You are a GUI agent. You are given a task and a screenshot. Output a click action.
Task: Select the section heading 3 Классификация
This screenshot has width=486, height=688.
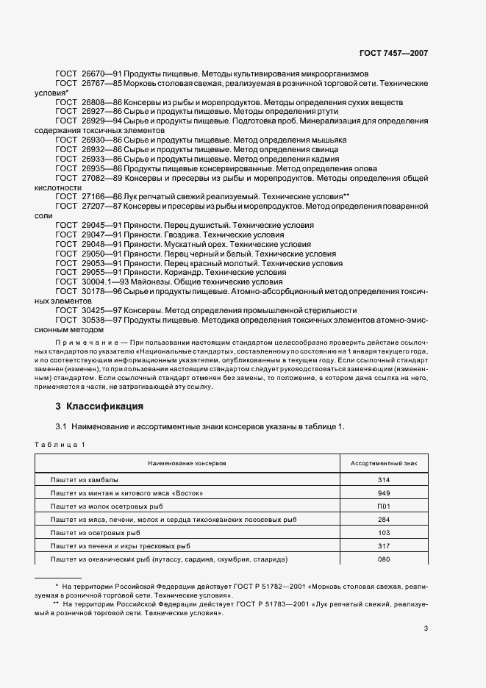99,406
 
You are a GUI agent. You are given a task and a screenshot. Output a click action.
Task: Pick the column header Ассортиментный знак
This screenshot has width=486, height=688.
384,464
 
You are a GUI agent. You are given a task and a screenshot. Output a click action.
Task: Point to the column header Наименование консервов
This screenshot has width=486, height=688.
187,464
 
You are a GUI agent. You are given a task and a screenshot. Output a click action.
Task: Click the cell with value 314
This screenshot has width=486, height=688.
384,479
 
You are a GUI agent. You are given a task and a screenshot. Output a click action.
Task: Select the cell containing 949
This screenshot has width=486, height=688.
384,492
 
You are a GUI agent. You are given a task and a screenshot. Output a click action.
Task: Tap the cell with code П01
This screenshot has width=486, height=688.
384,506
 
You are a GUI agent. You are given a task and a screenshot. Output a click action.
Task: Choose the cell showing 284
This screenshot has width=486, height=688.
384,519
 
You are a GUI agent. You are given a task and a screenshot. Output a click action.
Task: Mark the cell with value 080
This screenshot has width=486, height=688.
384,559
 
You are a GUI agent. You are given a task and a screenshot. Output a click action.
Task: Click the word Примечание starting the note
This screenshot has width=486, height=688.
87,343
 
